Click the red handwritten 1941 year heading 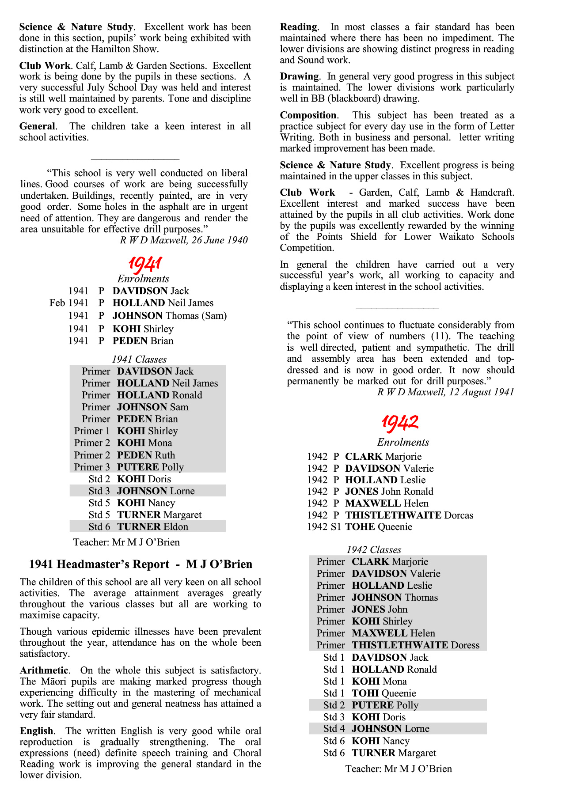(x=145, y=264)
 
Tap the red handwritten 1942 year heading (x=399, y=423)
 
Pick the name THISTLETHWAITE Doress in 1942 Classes (x=415, y=645)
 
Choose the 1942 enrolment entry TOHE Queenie (x=379, y=527)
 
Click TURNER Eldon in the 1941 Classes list (x=152, y=527)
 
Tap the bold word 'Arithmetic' (x=44, y=670)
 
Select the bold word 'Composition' (x=308, y=115)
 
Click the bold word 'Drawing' (x=299, y=76)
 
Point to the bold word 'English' (x=36, y=731)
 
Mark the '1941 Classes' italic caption (x=139, y=360)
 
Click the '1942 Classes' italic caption (x=374, y=550)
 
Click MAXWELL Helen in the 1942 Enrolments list (x=387, y=503)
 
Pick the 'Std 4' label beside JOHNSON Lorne (x=334, y=729)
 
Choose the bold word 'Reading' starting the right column (x=298, y=27)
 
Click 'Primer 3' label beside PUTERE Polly (x=92, y=467)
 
